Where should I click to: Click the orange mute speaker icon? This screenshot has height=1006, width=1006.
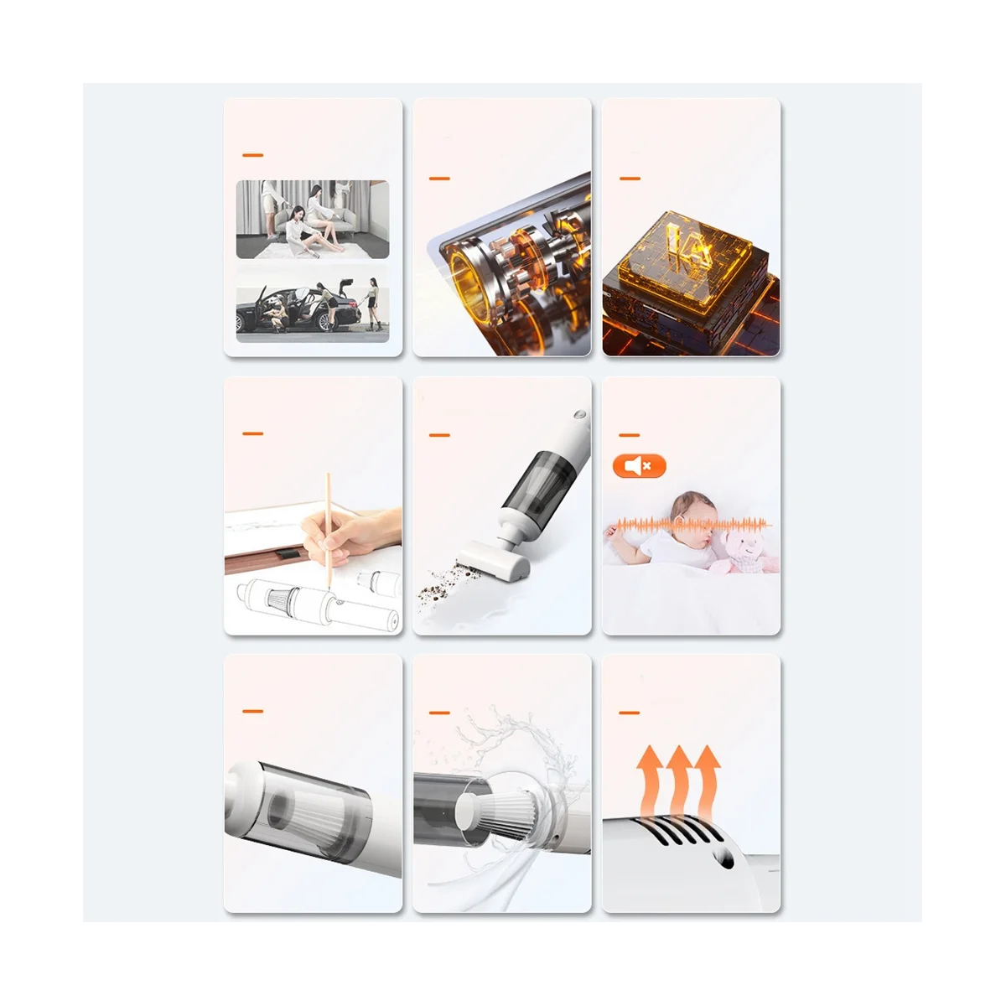pyautogui.click(x=639, y=466)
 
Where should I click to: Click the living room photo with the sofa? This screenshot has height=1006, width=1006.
pyautogui.click(x=312, y=220)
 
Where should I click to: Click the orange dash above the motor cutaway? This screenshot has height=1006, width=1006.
pyautogui.click(x=439, y=179)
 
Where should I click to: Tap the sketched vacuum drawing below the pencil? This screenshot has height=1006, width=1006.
pyautogui.click(x=302, y=604)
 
